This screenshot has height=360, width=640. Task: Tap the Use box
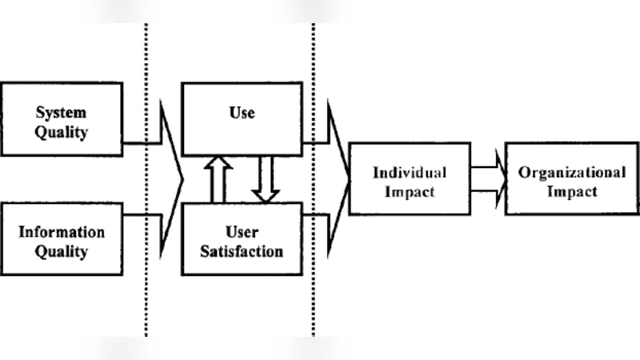[242, 118]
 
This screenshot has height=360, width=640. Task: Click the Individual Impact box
[410, 182]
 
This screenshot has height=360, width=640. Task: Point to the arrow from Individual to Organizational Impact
[489, 178]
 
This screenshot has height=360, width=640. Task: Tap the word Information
[62, 232]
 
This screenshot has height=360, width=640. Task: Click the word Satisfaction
[242, 251]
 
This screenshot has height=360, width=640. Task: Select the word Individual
[410, 172]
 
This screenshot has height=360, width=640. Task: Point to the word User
[242, 232]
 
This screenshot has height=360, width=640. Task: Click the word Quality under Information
[62, 252]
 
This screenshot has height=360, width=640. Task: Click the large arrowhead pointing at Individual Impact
[341, 178]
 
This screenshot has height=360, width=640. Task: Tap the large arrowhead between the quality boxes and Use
[173, 178]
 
